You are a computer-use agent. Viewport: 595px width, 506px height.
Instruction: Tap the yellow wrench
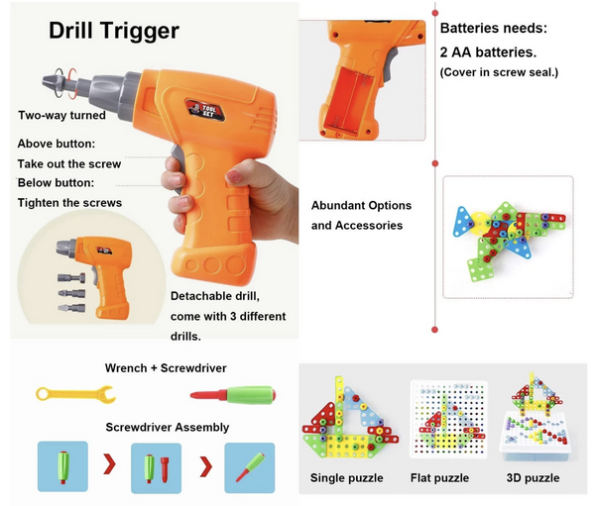tap(75, 395)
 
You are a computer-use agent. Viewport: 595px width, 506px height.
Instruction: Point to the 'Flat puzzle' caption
tap(438, 478)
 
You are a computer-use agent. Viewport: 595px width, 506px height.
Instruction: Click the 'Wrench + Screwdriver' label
tap(166, 367)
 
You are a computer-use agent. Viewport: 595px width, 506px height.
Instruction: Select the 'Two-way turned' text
tap(61, 116)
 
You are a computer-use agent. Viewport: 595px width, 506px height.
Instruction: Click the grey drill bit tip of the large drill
tap(50, 83)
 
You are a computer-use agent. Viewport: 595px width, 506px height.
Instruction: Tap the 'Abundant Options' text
tap(361, 205)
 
